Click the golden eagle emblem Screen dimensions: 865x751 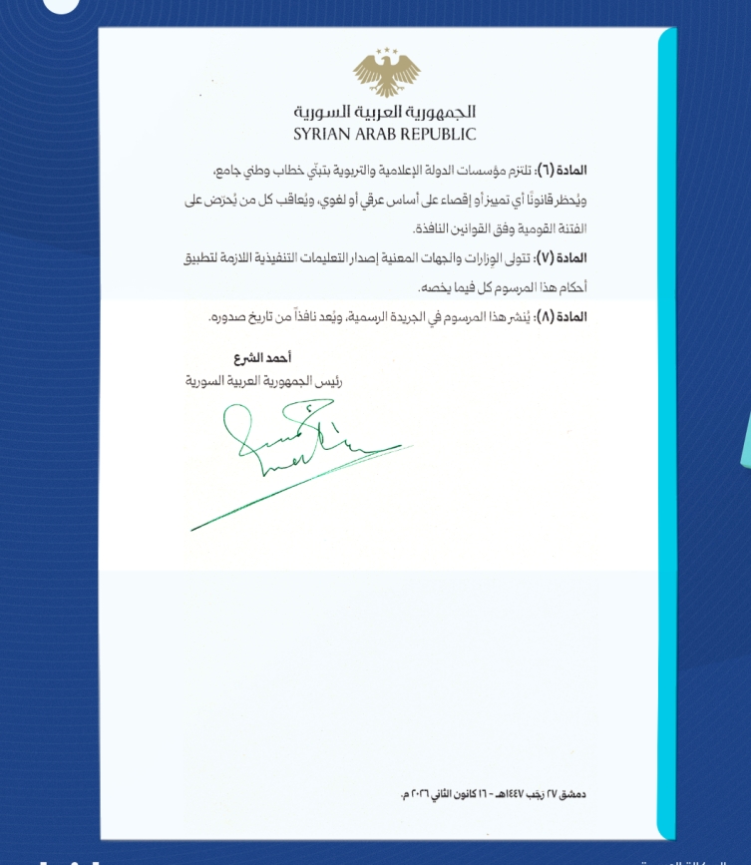(386, 75)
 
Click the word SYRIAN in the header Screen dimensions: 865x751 (323, 134)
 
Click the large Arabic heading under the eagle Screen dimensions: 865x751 (385, 112)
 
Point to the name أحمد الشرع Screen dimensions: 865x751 (262, 357)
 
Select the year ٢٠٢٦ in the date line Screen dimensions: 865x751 (424, 794)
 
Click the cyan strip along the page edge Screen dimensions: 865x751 (666, 429)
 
